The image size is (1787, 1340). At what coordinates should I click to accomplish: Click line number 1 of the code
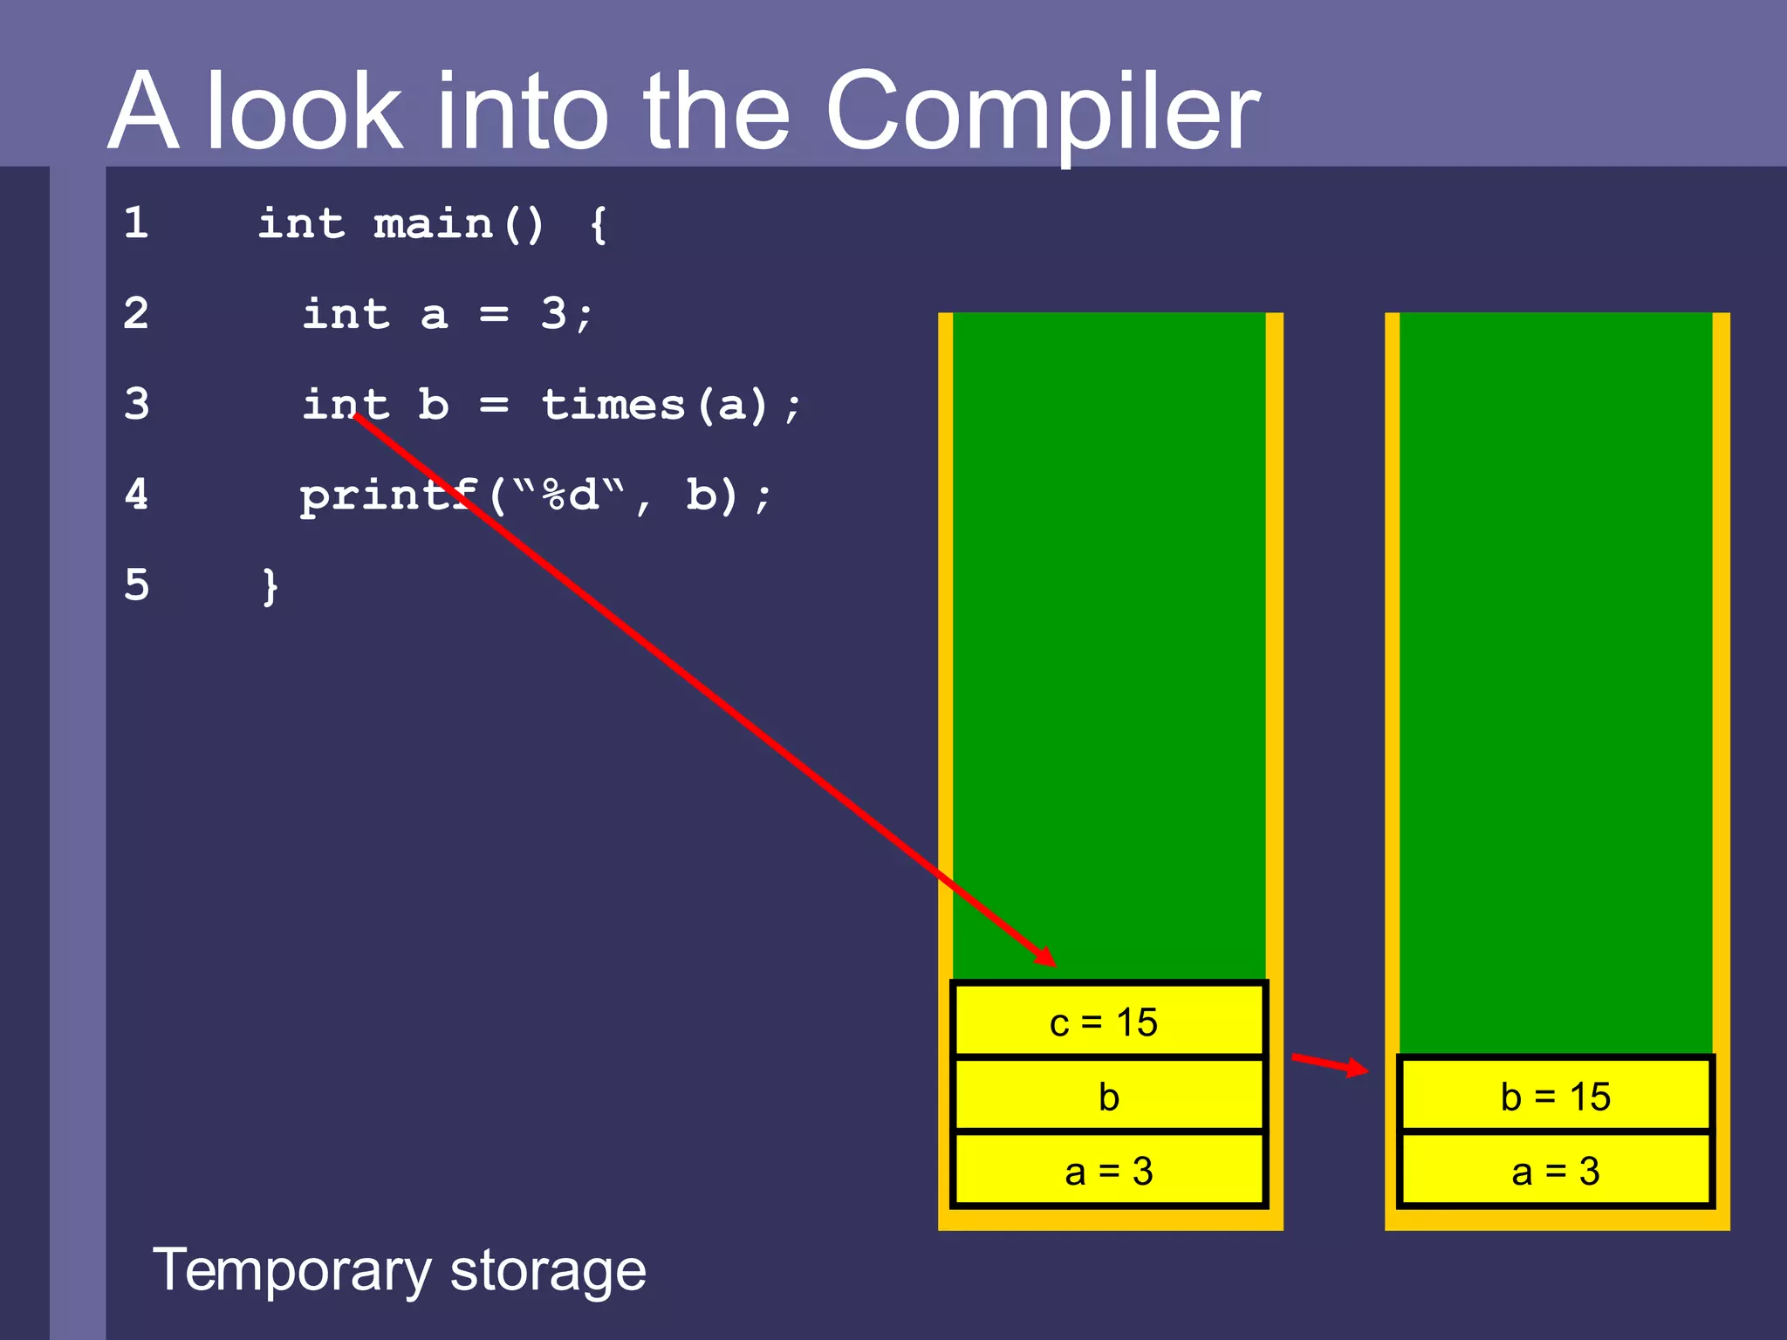136,222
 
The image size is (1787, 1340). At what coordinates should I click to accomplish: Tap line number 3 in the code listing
137,404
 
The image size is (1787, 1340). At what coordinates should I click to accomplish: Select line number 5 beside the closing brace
137,585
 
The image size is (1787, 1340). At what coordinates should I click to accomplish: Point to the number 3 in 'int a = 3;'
553,313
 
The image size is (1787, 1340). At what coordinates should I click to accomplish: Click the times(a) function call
654,405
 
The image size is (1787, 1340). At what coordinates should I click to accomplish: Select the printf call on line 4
388,496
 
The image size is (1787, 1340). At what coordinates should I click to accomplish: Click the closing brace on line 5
270,586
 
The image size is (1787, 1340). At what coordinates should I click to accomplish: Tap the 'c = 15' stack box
1108,1022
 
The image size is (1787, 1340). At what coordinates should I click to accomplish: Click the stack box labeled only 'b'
1108,1097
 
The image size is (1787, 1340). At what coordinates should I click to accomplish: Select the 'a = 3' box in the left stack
1108,1171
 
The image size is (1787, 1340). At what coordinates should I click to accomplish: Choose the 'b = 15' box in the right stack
1555,1097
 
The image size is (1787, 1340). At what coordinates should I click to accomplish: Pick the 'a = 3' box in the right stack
1555,1171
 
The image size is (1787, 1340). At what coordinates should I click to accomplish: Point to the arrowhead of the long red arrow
1047,958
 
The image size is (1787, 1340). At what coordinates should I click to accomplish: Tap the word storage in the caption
548,1270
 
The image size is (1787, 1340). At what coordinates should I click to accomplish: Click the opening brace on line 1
599,225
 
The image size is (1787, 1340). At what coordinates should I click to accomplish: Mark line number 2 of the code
136,313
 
